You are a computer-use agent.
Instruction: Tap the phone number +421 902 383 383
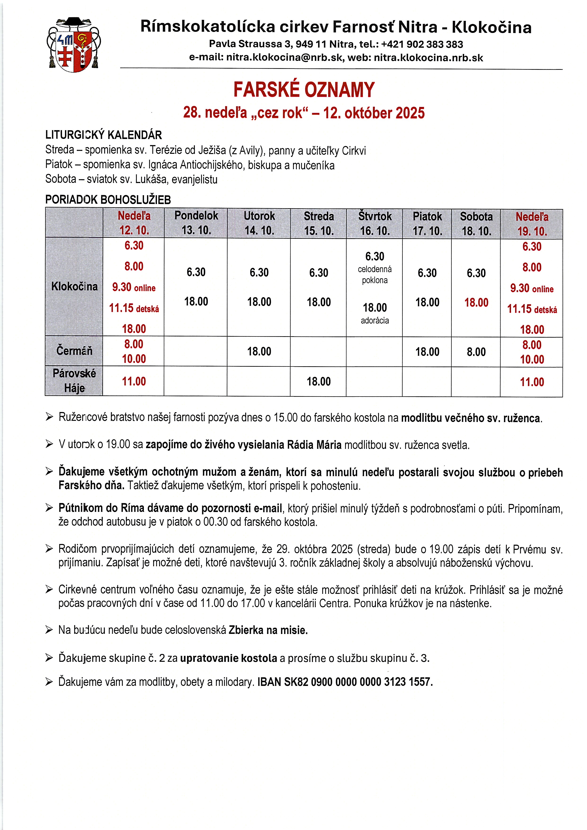(422, 44)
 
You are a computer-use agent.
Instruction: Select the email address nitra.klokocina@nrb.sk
(284, 58)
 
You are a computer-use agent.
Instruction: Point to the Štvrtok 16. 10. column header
(375, 223)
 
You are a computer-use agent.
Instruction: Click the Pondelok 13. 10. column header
(196, 223)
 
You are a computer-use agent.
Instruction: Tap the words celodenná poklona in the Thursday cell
(375, 275)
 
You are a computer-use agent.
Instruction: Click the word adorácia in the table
(375, 321)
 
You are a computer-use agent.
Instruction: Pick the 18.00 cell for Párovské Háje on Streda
(319, 381)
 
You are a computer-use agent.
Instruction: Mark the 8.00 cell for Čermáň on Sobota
(476, 352)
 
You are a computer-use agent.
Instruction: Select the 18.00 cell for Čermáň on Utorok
(259, 351)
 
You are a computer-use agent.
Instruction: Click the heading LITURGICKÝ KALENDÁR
(103, 135)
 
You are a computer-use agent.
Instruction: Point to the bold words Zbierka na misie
(268, 630)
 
